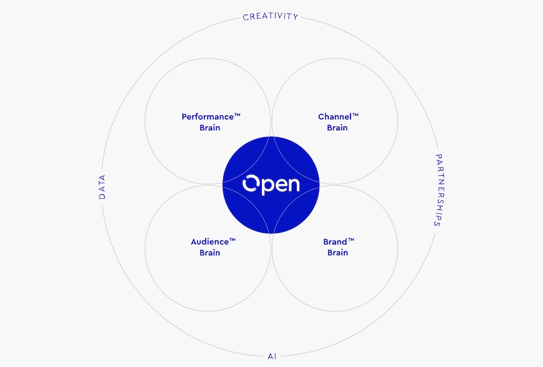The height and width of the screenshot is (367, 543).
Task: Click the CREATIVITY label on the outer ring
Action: click(270, 16)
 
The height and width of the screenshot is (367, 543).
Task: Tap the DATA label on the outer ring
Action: click(102, 187)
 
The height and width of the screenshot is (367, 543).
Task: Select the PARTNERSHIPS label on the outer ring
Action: click(439, 190)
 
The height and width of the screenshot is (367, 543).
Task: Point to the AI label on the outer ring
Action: click(272, 356)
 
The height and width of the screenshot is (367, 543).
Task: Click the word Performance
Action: click(208, 116)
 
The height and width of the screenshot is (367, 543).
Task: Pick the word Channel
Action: click(335, 116)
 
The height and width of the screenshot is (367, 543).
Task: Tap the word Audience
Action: click(210, 241)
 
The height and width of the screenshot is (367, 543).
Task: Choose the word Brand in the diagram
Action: click(335, 241)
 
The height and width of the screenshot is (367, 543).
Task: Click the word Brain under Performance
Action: click(210, 127)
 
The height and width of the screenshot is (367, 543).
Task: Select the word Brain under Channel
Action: click(337, 127)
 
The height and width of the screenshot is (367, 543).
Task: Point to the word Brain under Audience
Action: click(210, 253)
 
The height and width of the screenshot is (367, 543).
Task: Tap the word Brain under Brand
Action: click(338, 253)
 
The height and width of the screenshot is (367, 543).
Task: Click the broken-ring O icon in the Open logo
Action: click(251, 183)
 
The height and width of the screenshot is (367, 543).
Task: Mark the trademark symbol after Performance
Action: click(237, 115)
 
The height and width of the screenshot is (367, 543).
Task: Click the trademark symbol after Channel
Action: click(355, 115)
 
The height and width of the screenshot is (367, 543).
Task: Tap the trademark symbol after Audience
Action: click(232, 240)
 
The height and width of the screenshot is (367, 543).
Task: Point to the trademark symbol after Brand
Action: click(351, 240)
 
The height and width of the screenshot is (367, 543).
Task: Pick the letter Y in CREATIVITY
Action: click(296, 17)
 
